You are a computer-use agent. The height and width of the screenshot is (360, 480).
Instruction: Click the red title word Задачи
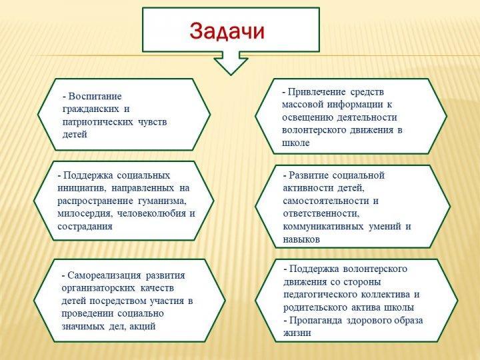pos(227,31)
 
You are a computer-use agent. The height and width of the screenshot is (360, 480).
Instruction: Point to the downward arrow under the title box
pos(231,63)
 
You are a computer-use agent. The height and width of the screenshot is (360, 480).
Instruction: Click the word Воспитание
pos(95,97)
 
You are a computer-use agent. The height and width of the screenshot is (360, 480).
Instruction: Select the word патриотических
pos(97,122)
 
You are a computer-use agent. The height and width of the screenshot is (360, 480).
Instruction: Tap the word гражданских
pos(91,109)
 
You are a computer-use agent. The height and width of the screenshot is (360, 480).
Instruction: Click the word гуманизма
pos(162,201)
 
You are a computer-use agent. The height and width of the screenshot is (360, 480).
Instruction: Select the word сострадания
pos(85,227)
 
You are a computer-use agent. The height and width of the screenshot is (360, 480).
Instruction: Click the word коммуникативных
pos(323,227)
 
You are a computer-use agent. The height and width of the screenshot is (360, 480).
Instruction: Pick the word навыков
pos(301,239)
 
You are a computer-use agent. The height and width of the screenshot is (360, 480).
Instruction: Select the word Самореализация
pos(104,275)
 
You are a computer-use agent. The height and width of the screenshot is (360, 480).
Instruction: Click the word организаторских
pos(98,288)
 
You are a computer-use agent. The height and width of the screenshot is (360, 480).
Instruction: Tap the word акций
pos(143,326)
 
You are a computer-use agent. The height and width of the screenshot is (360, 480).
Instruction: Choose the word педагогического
pos(320,295)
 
